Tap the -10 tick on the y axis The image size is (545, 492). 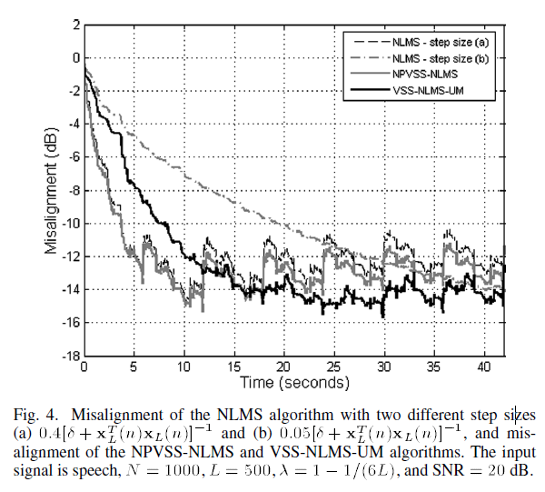click(69, 224)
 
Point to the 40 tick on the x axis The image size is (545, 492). click(483, 366)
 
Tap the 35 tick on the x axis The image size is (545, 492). click(433, 366)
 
